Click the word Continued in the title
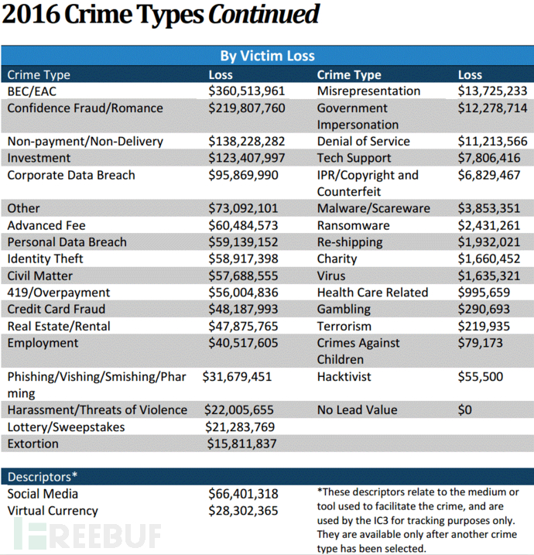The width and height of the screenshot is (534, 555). pyautogui.click(x=264, y=14)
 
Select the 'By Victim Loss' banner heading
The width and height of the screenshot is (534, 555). pyautogui.click(x=267, y=56)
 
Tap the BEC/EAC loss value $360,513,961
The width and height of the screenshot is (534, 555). pyautogui.click(x=246, y=91)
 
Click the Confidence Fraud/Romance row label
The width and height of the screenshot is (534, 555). pyautogui.click(x=85, y=108)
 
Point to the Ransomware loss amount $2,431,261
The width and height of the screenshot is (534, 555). pyautogui.click(x=488, y=225)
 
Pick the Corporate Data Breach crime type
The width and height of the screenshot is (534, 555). pyautogui.click(x=71, y=175)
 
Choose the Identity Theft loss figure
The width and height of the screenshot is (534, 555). pyautogui.click(x=243, y=259)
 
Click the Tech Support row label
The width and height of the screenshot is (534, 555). pyautogui.click(x=354, y=158)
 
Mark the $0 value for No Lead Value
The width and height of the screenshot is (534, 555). pyautogui.click(x=464, y=410)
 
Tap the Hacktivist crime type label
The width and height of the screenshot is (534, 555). pyautogui.click(x=344, y=377)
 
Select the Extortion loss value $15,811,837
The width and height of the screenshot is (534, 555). pyautogui.click(x=241, y=444)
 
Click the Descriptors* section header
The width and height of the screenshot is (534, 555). pyautogui.click(x=42, y=477)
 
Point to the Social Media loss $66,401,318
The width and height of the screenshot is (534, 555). pyautogui.click(x=243, y=494)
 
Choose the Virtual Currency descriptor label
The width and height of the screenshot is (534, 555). pyautogui.click(x=53, y=511)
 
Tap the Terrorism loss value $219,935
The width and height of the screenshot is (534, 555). pyautogui.click(x=484, y=326)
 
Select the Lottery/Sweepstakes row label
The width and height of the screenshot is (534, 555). pyautogui.click(x=67, y=427)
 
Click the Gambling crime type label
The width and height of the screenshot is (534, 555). pyautogui.click(x=344, y=309)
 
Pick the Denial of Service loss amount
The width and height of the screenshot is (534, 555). pyautogui.click(x=493, y=141)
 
